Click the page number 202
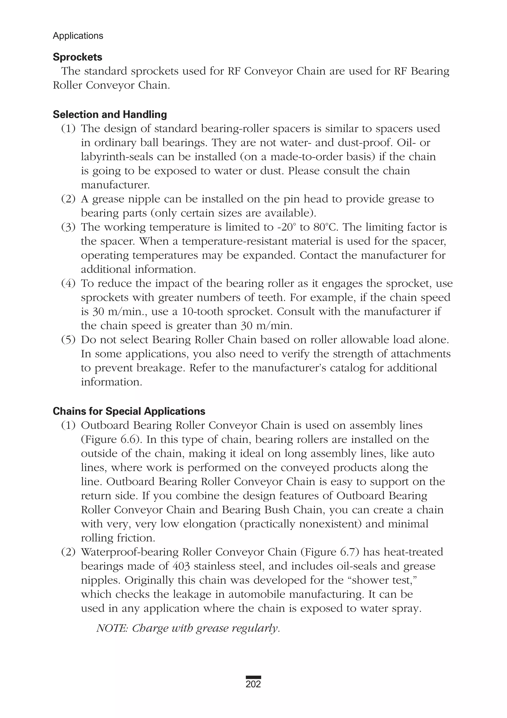(253, 684)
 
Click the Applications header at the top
(78, 36)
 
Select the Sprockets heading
(77, 57)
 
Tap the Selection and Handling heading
(109, 115)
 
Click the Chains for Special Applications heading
(129, 411)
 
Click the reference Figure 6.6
(109, 439)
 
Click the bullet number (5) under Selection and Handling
(68, 340)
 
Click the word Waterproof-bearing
(129, 552)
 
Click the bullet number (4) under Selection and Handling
(68, 283)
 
